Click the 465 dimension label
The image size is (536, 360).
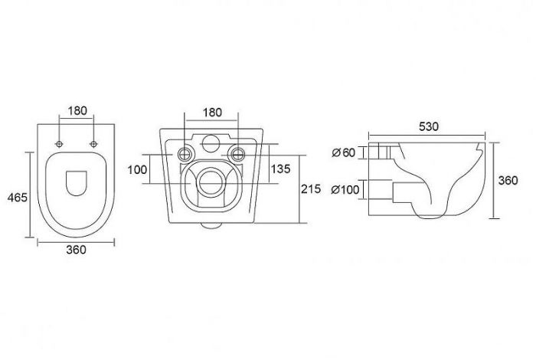(x=17, y=198)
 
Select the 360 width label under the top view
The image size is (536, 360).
(x=76, y=250)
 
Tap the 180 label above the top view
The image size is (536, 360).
(x=77, y=111)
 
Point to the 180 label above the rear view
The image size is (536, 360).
(x=212, y=113)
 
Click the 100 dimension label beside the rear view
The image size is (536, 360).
(x=137, y=169)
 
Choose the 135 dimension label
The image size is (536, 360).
(x=281, y=169)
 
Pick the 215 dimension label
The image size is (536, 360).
(x=311, y=188)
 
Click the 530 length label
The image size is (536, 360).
(x=428, y=126)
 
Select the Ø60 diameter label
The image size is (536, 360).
(x=344, y=152)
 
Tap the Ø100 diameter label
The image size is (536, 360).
(x=345, y=189)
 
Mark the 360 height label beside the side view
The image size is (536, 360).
(x=508, y=181)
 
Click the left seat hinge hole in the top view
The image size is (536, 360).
(x=59, y=144)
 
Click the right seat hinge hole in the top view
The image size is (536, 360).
(x=93, y=144)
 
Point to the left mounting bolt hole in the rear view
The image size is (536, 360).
(x=185, y=154)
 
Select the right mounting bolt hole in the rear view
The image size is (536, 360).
(x=237, y=154)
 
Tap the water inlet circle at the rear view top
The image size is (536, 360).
(x=211, y=143)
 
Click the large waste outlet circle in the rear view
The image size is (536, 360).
(x=210, y=182)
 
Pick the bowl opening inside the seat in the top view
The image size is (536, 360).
(x=77, y=183)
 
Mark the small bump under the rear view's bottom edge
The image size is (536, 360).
(x=211, y=225)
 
